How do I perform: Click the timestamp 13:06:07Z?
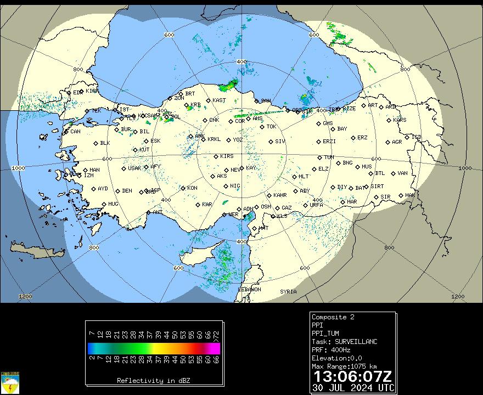[x=352, y=377]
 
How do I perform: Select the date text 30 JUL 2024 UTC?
[x=352, y=387]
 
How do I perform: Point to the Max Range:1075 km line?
[x=344, y=366]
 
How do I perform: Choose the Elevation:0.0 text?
[x=336, y=358]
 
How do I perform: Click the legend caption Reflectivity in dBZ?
[x=154, y=380]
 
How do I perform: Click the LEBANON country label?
[x=249, y=289]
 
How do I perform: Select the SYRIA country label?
[x=288, y=291]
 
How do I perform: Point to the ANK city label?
[x=199, y=136]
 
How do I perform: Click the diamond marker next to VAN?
[x=394, y=173]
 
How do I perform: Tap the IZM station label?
[x=88, y=176]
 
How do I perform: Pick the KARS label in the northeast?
[x=400, y=120]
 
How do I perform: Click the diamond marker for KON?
[x=183, y=188]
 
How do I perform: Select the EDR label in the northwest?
[x=77, y=93]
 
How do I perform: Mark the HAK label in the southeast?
[x=410, y=195]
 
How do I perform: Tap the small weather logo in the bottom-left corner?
[x=10, y=383]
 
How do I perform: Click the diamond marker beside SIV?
[x=271, y=142]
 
